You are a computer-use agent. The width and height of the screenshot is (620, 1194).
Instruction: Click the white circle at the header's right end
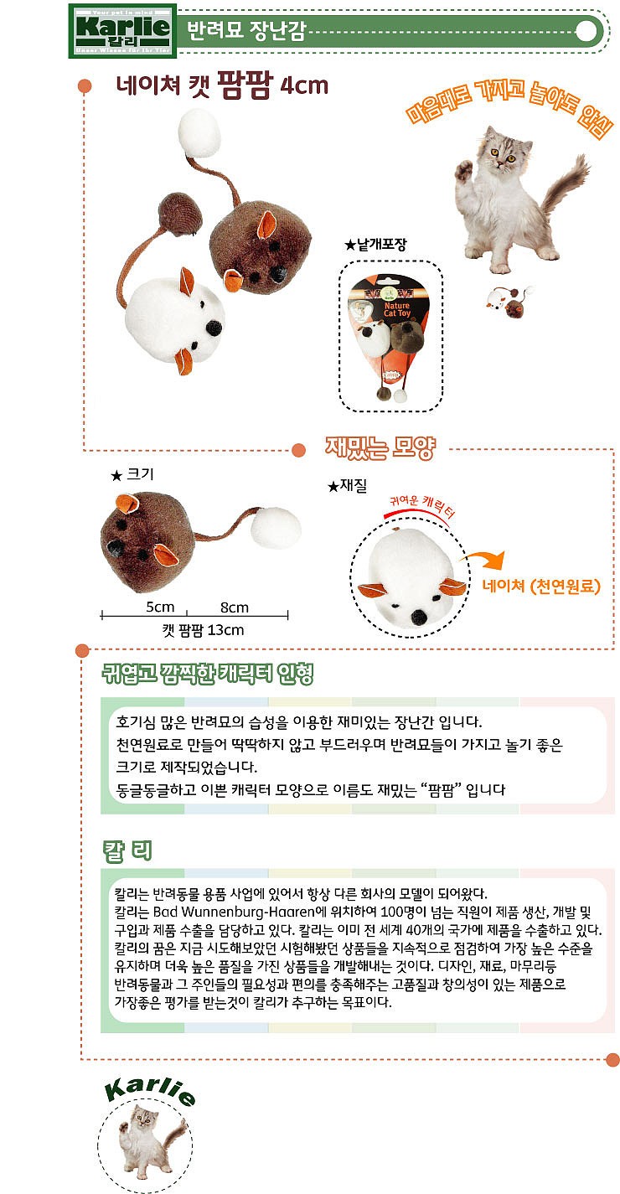[x=590, y=31]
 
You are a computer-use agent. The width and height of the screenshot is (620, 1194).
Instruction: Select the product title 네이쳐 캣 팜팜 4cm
[x=222, y=85]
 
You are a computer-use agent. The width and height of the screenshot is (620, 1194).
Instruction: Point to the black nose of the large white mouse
[x=214, y=325]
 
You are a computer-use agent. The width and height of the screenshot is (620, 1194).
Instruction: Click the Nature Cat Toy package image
[x=389, y=336]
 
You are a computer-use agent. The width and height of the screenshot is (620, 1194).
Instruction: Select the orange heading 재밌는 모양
[x=380, y=449]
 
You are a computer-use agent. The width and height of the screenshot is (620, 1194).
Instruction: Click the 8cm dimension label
[x=235, y=607]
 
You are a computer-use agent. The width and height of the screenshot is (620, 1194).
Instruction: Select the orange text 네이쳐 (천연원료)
[x=541, y=586]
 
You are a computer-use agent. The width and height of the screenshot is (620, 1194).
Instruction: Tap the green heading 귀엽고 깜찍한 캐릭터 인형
[x=208, y=675]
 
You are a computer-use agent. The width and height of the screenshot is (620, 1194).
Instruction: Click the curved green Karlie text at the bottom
[x=151, y=1089]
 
